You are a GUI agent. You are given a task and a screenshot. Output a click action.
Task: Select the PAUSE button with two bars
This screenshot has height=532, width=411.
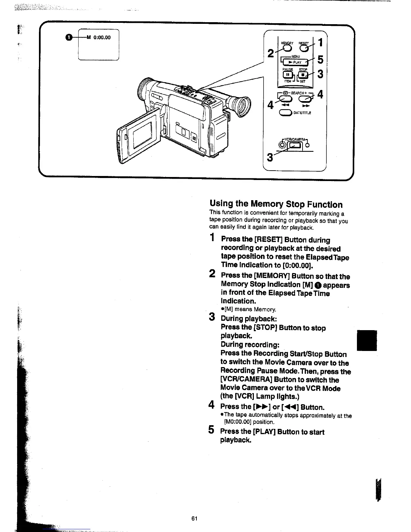tap(288, 75)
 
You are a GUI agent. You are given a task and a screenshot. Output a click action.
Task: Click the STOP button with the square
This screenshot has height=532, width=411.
tap(304, 75)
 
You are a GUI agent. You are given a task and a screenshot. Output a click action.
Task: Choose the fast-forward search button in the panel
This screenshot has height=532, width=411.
tap(305, 98)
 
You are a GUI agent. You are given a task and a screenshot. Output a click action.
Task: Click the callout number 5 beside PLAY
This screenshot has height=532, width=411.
tap(320, 60)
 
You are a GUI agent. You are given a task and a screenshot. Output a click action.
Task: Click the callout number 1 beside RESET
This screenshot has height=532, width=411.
tap(320, 43)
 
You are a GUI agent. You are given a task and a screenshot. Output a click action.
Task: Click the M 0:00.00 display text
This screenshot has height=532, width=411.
tap(99, 38)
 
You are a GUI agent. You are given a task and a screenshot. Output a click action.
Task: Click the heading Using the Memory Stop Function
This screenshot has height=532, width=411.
tap(276, 204)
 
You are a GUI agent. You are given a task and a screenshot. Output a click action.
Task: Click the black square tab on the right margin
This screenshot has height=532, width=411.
tap(367, 340)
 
